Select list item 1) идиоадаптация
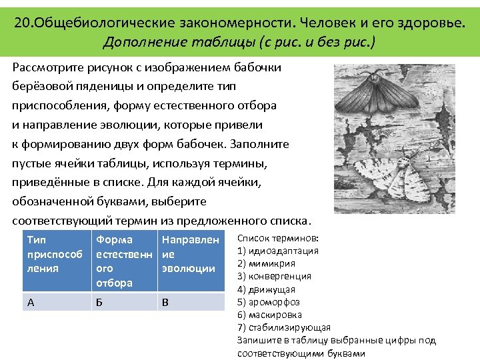(278, 251)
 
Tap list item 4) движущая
(266, 289)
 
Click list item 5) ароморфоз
(269, 302)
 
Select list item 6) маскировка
(269, 315)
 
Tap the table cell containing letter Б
(124, 302)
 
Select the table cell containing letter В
(191, 302)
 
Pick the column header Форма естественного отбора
(124, 261)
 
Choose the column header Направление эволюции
(191, 254)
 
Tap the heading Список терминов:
(278, 239)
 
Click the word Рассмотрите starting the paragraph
(47, 67)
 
